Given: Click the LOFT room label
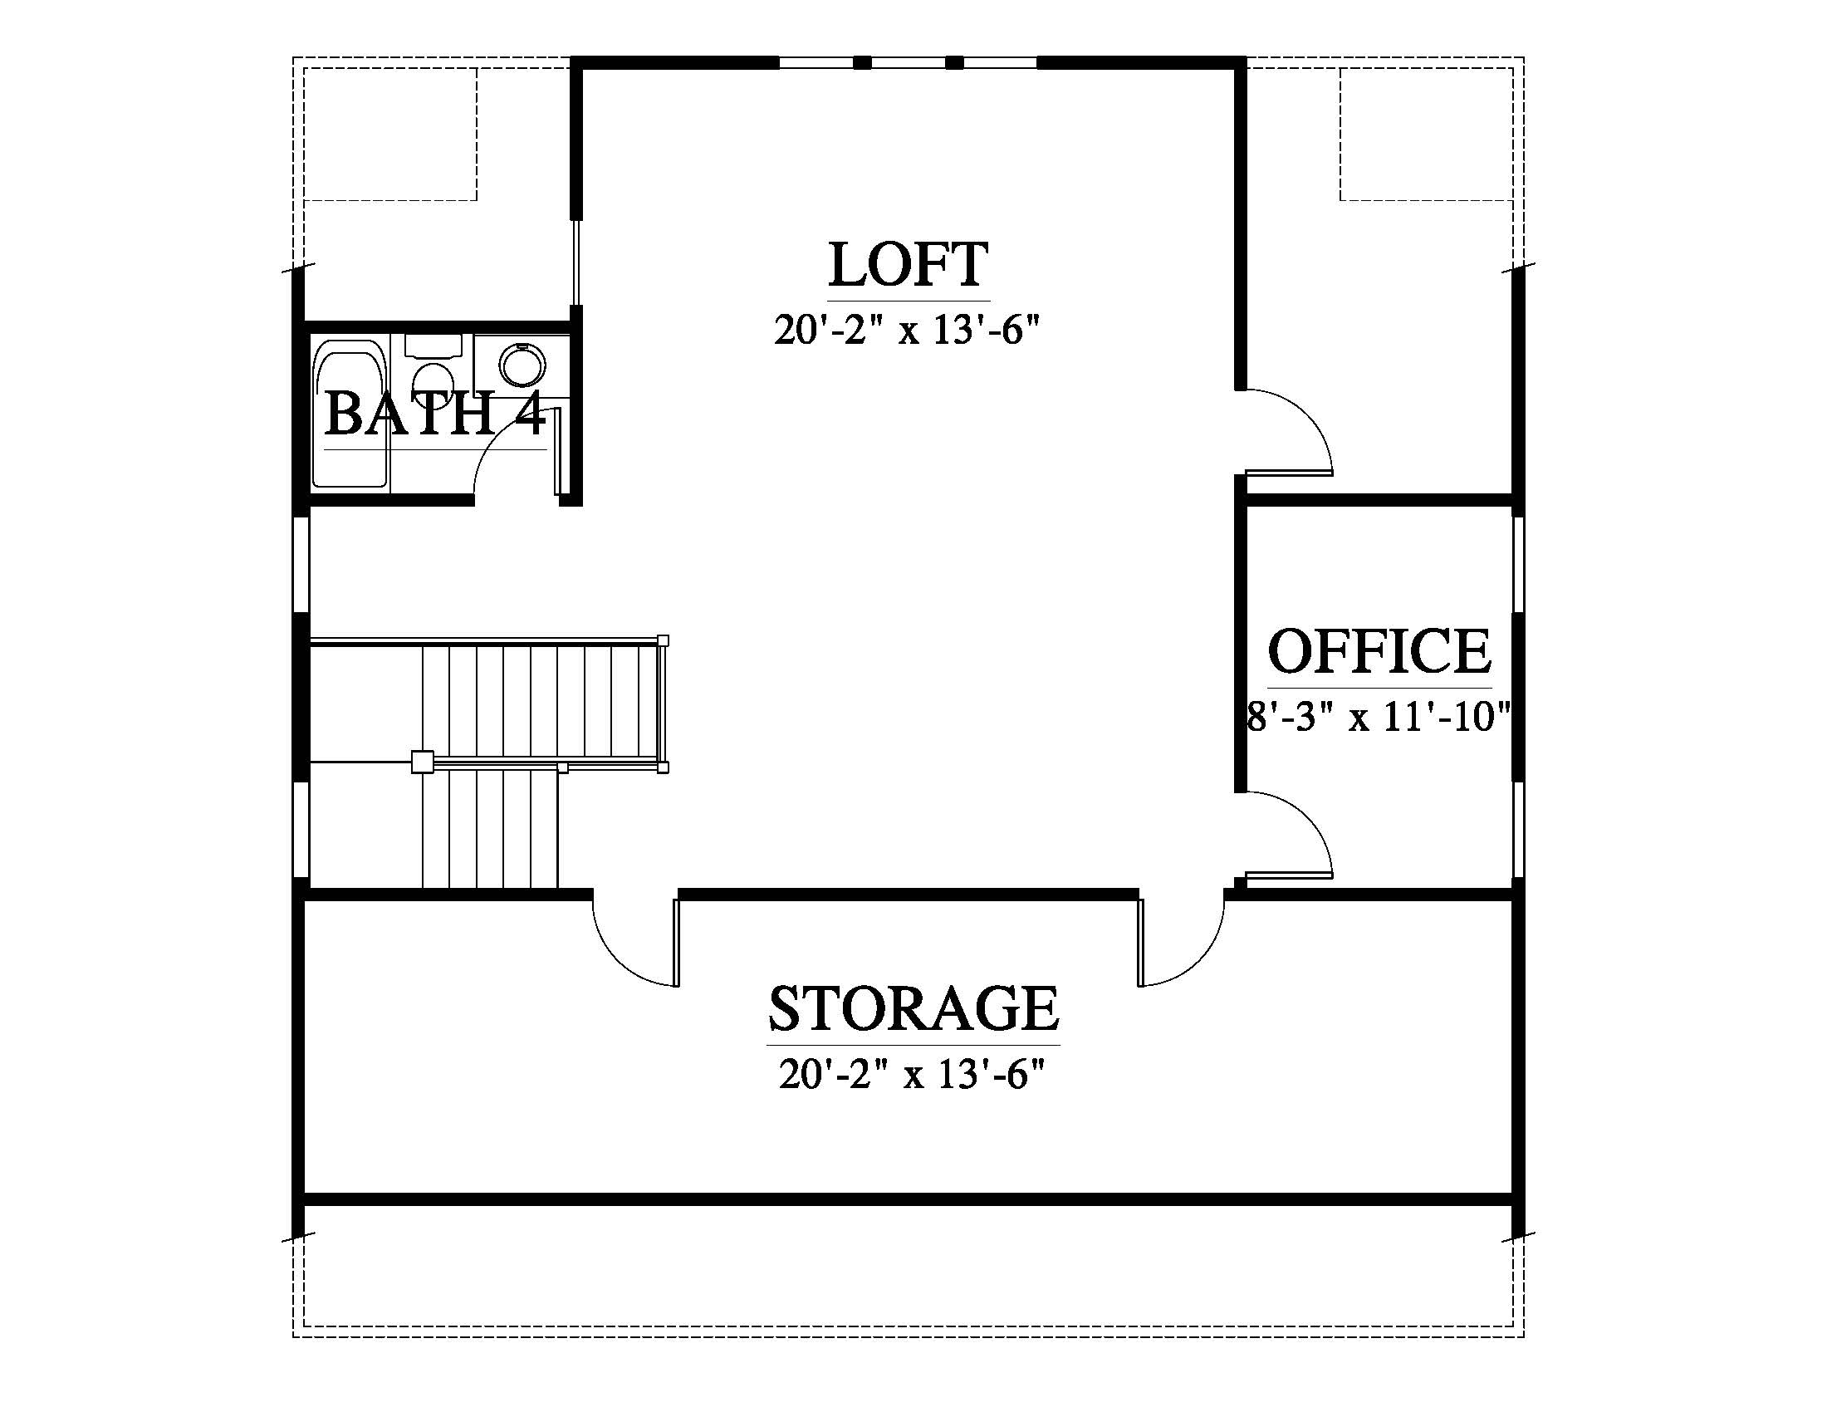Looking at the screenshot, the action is tap(909, 264).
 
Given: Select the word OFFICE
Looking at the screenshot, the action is tap(1379, 652).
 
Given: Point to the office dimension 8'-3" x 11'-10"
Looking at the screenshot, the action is tap(1379, 717).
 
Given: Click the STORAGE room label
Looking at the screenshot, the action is tap(913, 1008).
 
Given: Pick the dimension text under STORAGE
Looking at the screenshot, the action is tap(913, 1074).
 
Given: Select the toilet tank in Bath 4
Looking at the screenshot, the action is tap(433, 345).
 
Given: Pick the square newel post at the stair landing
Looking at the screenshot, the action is tap(423, 762).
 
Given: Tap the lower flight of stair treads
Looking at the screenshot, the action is tap(489, 829).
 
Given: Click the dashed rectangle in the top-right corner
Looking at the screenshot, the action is tap(1426, 134).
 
